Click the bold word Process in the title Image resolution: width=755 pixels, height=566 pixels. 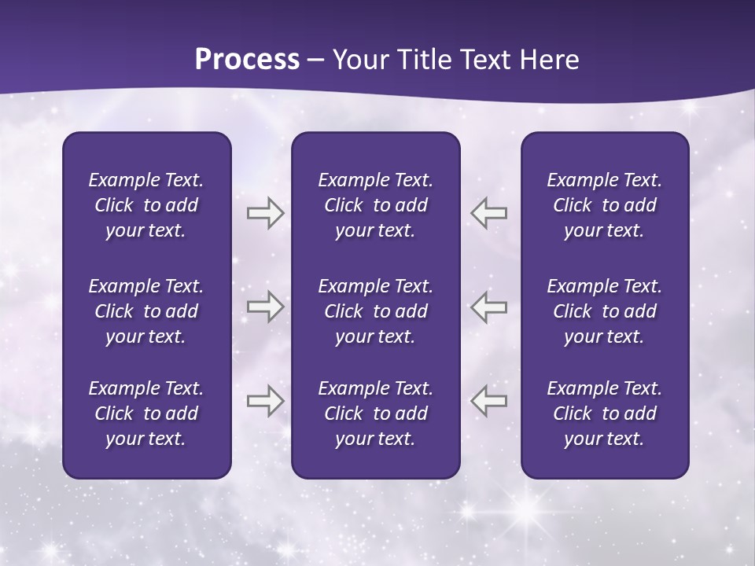[247, 60]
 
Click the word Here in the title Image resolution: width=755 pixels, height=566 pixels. [548, 60]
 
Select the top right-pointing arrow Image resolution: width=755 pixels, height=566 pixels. [265, 213]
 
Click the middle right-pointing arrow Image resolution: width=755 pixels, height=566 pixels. [265, 307]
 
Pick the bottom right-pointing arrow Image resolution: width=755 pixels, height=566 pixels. [265, 401]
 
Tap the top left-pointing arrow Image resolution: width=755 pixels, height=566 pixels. [488, 213]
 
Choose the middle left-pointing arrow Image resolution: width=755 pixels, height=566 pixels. [488, 307]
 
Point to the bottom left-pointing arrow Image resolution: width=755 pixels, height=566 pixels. [488, 401]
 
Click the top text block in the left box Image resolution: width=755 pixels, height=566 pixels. [146, 205]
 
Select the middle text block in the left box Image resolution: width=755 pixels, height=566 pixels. [146, 311]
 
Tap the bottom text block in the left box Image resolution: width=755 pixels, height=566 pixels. [146, 413]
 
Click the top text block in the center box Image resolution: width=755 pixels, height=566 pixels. [375, 205]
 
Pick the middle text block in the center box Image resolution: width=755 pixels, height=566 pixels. [375, 311]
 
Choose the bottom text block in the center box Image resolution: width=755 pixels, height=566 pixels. [375, 413]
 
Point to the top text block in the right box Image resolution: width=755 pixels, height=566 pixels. [604, 205]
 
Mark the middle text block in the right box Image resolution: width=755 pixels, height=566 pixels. [604, 311]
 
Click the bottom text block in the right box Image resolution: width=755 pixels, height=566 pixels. [604, 413]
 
